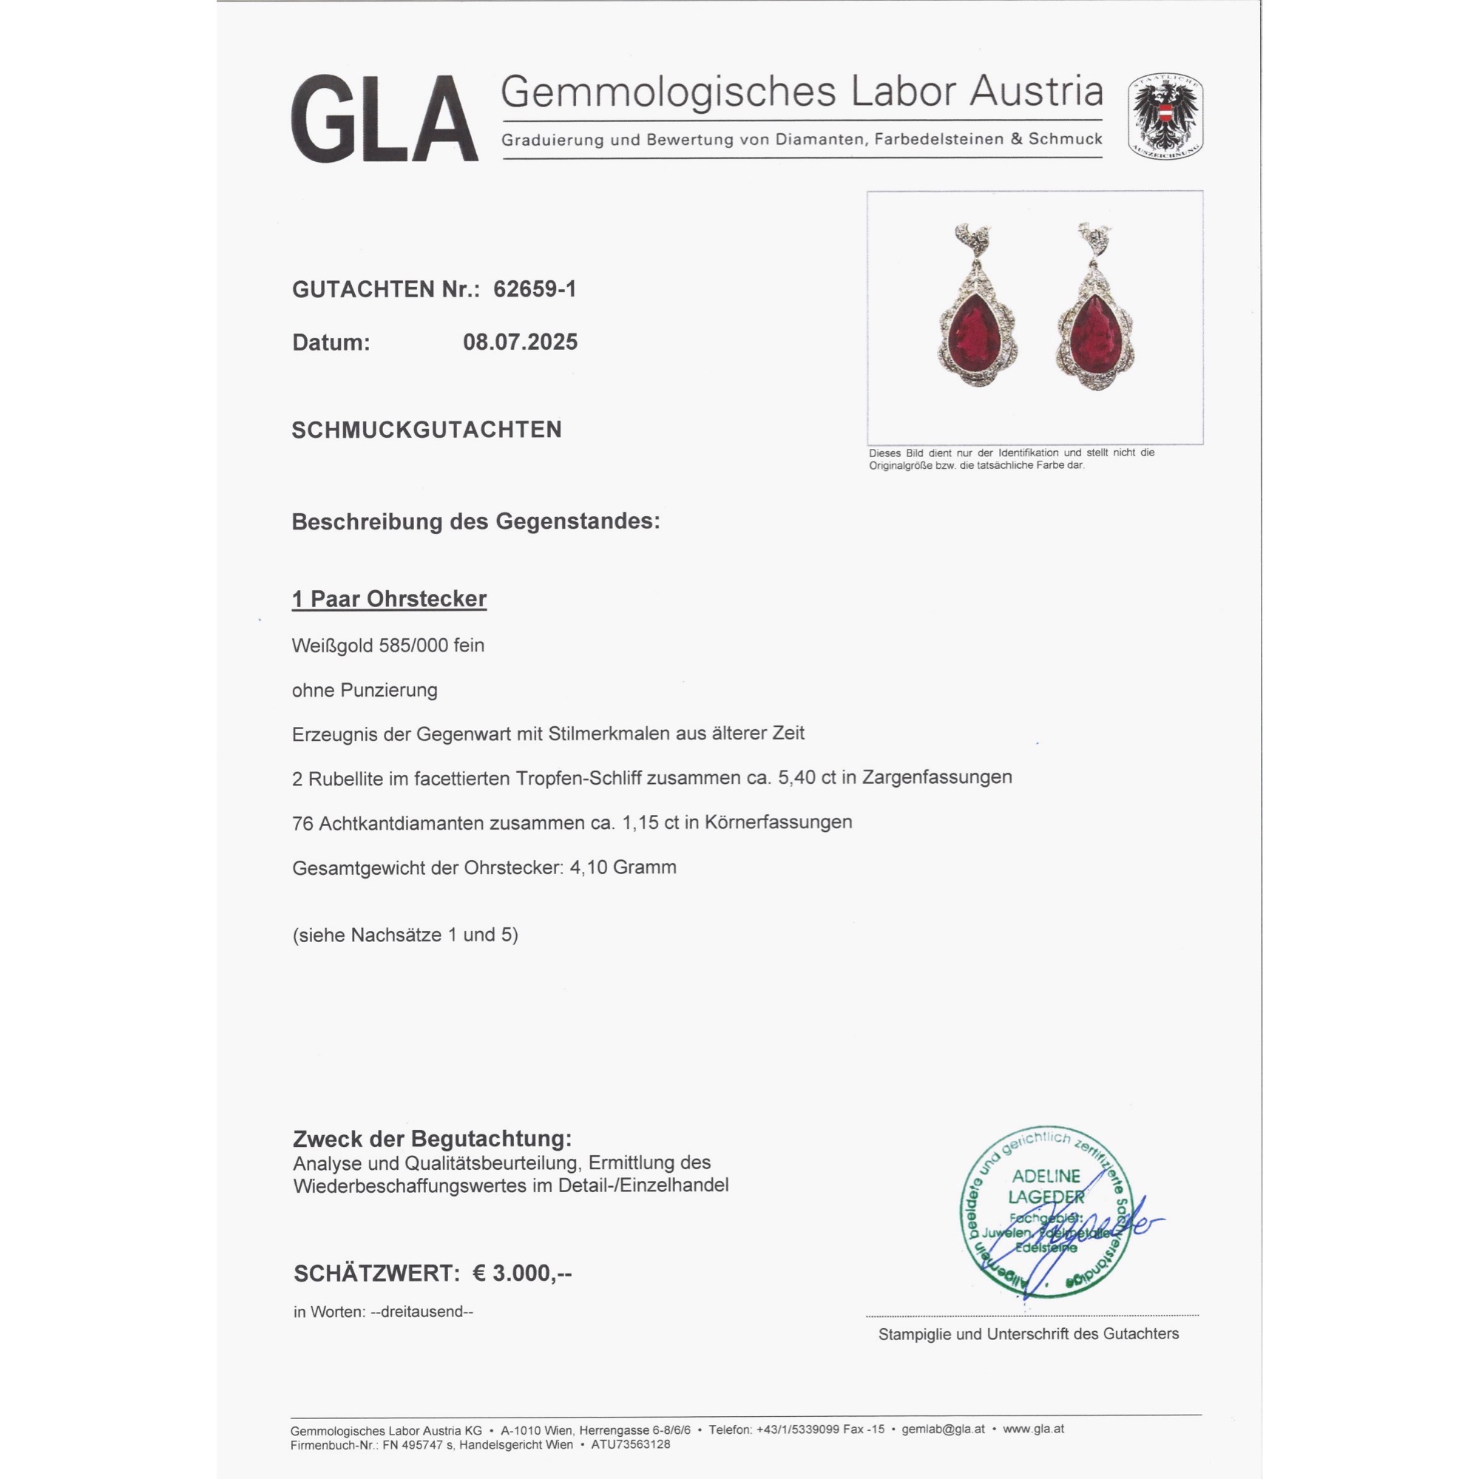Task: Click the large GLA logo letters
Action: click(385, 118)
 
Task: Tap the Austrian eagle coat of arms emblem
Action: click(1165, 116)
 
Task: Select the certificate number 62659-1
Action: click(535, 288)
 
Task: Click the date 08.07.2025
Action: click(520, 342)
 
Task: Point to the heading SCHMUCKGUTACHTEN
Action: click(427, 430)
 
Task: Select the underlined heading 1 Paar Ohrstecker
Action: click(389, 599)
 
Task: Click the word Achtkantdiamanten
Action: click(401, 823)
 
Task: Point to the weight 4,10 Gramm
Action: click(623, 867)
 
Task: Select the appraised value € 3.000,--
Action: click(522, 1273)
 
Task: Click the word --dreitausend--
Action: click(421, 1311)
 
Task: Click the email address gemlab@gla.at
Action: click(942, 1429)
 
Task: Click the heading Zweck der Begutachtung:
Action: click(432, 1139)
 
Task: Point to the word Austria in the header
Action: click(1037, 92)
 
